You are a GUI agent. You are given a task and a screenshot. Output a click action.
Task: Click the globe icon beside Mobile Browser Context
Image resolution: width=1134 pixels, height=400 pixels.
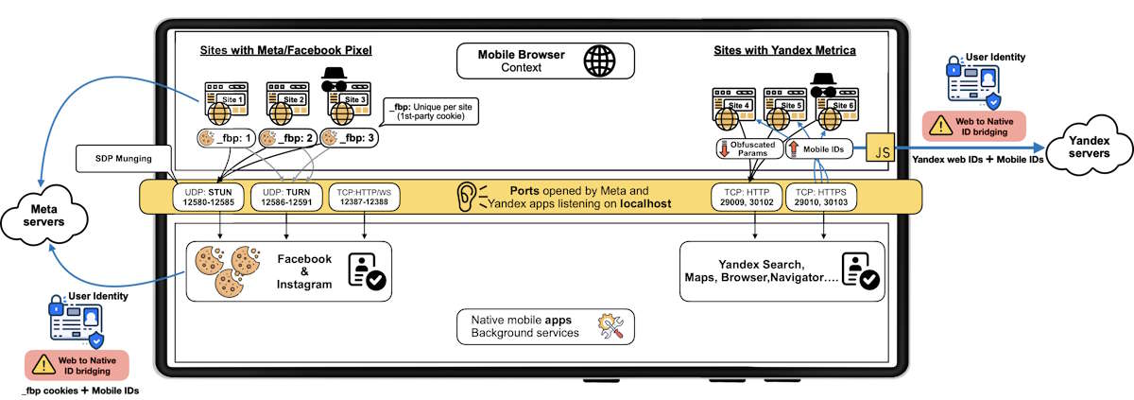[598, 61]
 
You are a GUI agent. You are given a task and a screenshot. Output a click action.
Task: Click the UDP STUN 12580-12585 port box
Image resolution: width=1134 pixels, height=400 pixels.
[207, 196]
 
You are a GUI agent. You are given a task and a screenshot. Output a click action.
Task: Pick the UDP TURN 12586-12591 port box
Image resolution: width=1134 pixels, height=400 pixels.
[286, 196]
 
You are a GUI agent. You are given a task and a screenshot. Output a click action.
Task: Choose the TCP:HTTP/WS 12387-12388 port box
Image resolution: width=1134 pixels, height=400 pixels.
[363, 196]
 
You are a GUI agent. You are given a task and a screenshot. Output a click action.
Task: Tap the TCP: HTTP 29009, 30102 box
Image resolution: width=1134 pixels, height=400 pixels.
[747, 196]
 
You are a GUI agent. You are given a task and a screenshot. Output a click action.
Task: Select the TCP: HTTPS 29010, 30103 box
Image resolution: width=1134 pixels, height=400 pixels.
[825, 196]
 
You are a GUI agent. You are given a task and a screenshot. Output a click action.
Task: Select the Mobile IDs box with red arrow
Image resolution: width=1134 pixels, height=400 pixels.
[817, 148]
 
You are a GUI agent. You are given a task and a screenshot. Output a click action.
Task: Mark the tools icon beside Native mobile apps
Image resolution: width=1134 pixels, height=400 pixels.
[610, 326]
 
